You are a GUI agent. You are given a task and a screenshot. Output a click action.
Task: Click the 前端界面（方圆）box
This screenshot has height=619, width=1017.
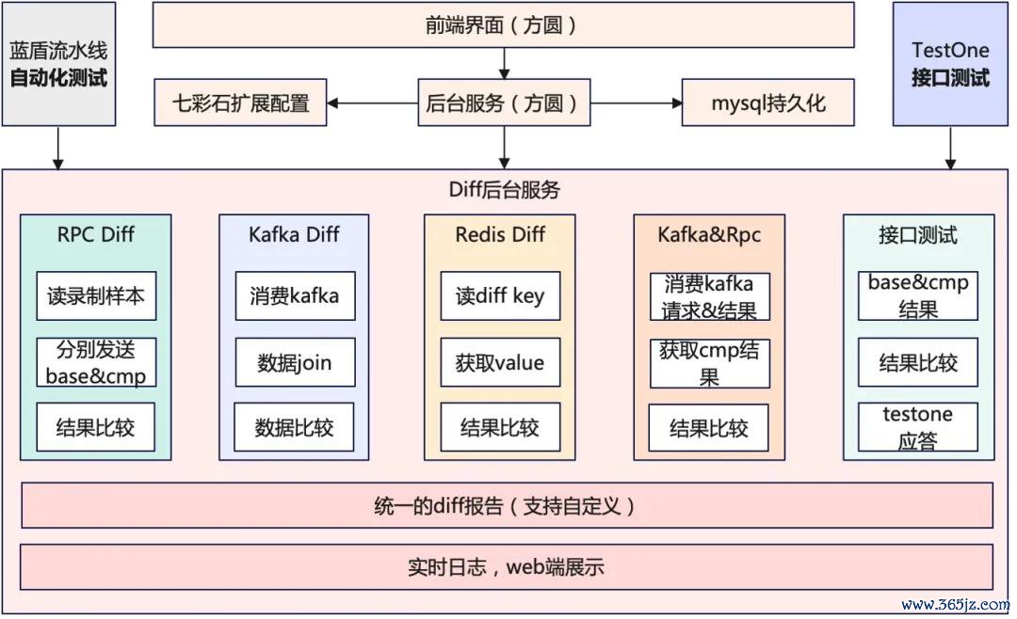coord(503,25)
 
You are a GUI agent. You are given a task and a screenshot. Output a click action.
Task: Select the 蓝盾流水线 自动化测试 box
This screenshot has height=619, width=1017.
coord(58,64)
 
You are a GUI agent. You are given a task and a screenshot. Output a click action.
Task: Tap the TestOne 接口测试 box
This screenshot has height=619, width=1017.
coord(949,64)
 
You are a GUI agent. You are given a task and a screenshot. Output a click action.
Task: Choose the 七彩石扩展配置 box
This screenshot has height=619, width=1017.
coord(241,103)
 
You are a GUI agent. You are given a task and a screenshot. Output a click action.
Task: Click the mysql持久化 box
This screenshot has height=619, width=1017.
coord(768,103)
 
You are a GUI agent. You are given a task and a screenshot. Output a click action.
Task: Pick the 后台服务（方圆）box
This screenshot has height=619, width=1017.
coord(503,103)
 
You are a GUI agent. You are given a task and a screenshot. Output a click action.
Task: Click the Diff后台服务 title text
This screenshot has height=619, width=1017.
coord(504,190)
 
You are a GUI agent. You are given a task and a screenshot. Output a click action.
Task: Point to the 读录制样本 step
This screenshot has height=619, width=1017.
coord(96,295)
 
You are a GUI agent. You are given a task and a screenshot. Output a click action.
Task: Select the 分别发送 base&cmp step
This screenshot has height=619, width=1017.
coord(96,362)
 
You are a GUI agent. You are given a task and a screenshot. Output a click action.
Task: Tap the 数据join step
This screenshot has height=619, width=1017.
coord(295,362)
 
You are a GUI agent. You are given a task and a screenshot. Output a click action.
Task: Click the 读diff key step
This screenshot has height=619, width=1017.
coord(500,295)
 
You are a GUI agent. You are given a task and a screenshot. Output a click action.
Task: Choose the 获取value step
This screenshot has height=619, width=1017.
coord(500,362)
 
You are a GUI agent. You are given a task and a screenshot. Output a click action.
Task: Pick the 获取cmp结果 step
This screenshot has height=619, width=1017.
coord(709,363)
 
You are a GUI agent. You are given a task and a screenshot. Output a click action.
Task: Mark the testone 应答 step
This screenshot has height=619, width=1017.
coord(917,427)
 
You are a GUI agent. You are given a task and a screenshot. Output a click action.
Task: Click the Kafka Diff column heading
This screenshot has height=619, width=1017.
coord(294,234)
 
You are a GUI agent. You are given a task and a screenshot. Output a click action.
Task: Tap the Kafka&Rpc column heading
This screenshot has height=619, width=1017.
coord(709,234)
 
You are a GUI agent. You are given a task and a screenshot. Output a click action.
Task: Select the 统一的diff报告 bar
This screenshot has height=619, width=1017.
coord(507,506)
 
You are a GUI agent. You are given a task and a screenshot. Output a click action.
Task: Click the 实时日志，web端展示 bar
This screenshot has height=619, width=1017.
coord(507,566)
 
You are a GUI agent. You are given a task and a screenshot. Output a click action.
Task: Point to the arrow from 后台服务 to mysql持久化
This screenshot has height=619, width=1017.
coord(637,103)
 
